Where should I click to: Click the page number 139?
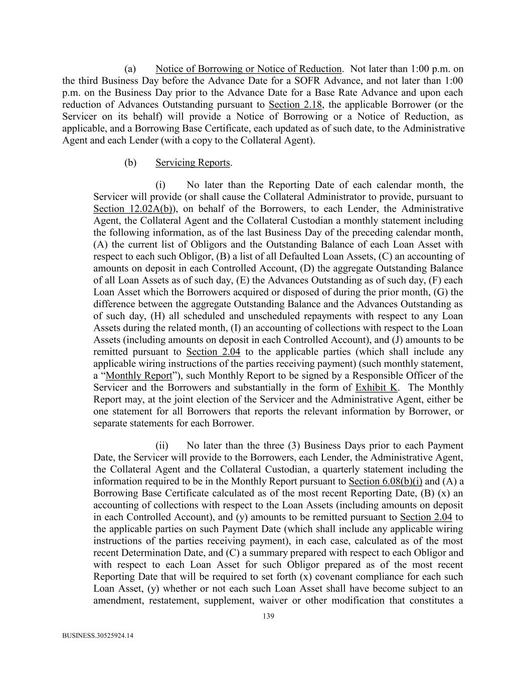pyautogui.click(x=268, y=616)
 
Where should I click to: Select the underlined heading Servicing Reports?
pyautogui.click(x=193, y=163)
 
